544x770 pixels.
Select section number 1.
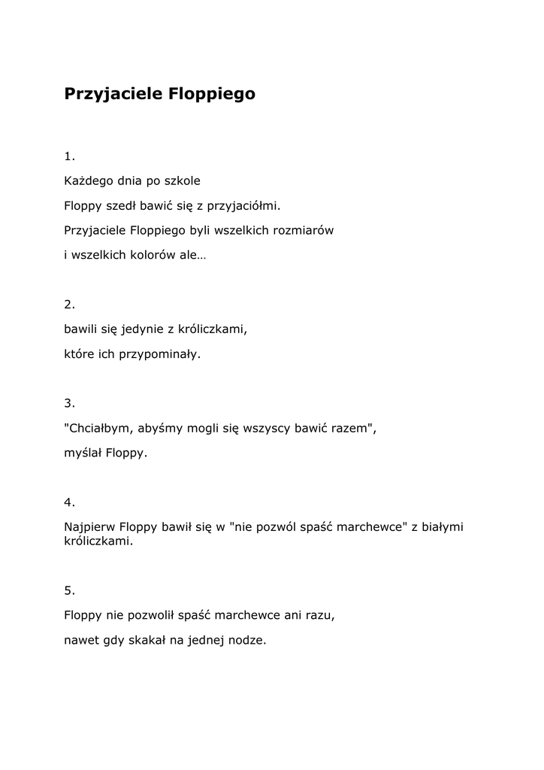click(x=69, y=156)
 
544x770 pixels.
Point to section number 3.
click(x=69, y=403)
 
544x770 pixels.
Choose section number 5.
click(x=69, y=590)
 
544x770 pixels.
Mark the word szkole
click(x=183, y=181)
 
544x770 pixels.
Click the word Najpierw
click(x=89, y=527)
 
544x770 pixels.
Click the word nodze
click(x=249, y=641)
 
